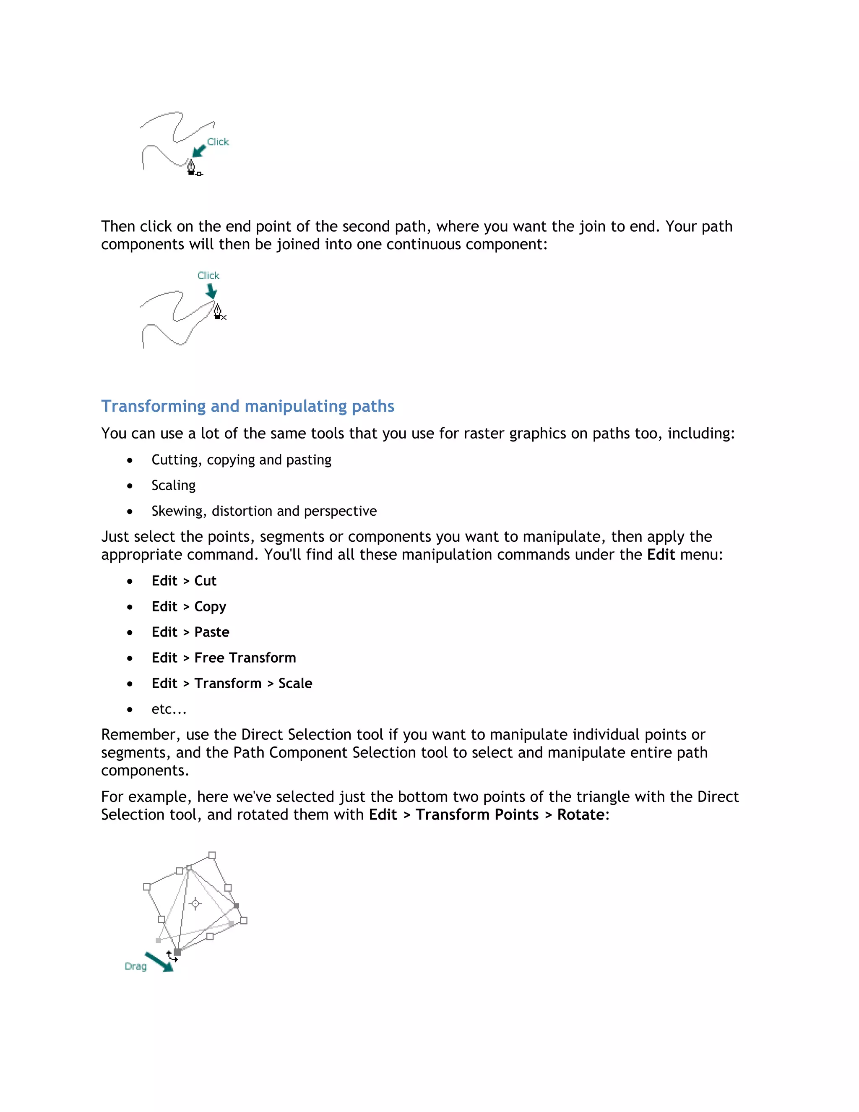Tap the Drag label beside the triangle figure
click(135, 966)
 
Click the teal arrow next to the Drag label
click(159, 962)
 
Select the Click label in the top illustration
click(218, 142)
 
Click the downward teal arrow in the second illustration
click(211, 291)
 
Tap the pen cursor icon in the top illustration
click(191, 167)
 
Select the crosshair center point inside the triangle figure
click(195, 904)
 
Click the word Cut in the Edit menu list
click(205, 581)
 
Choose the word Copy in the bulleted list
click(210, 606)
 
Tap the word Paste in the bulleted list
click(212, 632)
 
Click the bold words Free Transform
click(245, 658)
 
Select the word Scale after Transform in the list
click(295, 683)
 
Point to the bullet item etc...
click(169, 709)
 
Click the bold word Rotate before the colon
click(580, 814)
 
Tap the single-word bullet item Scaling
click(174, 485)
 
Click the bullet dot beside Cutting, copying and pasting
click(130, 460)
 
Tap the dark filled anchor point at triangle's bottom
click(177, 952)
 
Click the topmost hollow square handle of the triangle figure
click(212, 855)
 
